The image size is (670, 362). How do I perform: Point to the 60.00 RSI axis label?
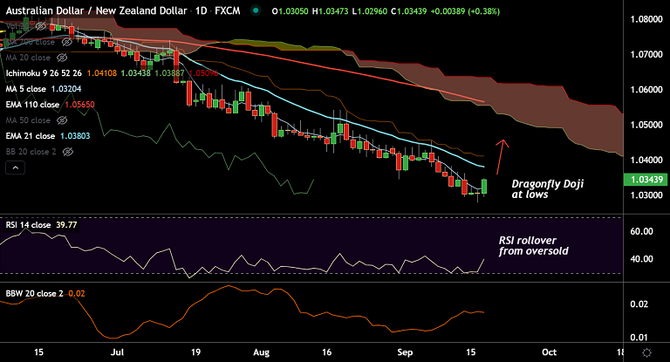(642, 231)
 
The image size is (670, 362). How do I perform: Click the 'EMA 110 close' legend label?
(31, 103)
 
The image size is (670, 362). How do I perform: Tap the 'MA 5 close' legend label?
(27, 88)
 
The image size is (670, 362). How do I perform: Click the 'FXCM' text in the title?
(229, 10)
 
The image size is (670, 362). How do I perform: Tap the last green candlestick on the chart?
(484, 185)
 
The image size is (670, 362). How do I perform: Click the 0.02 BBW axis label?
(641, 304)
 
